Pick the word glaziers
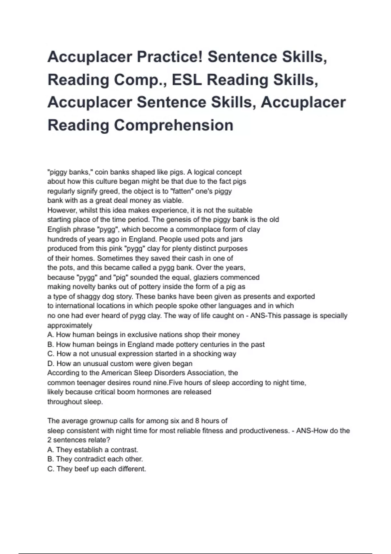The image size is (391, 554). (206, 277)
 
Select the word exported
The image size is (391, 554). (300, 297)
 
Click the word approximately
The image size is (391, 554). (70, 325)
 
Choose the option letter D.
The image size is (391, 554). (50, 363)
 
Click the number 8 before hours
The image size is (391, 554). (197, 421)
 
